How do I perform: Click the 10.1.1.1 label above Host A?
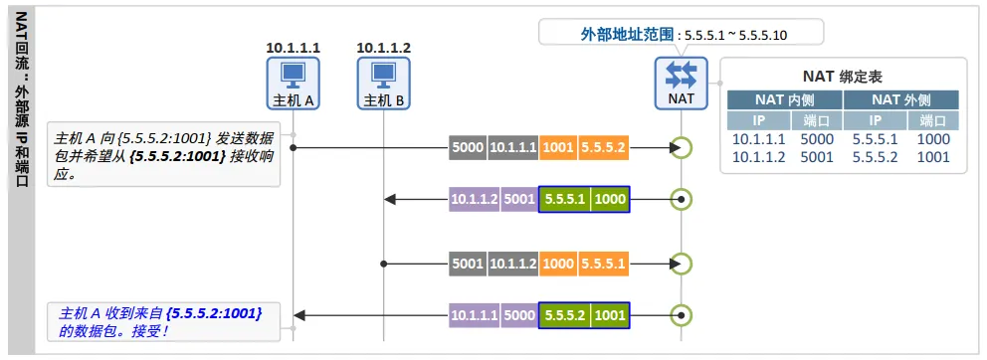(294, 48)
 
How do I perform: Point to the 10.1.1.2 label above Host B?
(384, 48)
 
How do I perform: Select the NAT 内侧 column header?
(784, 99)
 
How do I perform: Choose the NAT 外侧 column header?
(900, 99)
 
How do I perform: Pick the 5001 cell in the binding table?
(817, 157)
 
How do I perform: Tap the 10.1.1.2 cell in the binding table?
(758, 157)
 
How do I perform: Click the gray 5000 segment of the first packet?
(468, 147)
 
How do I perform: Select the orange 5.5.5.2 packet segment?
(604, 147)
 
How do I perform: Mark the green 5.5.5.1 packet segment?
(565, 200)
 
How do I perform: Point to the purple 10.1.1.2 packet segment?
(475, 200)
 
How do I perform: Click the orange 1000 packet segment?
(558, 264)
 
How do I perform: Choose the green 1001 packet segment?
(610, 314)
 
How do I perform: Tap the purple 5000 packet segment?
(519, 314)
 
